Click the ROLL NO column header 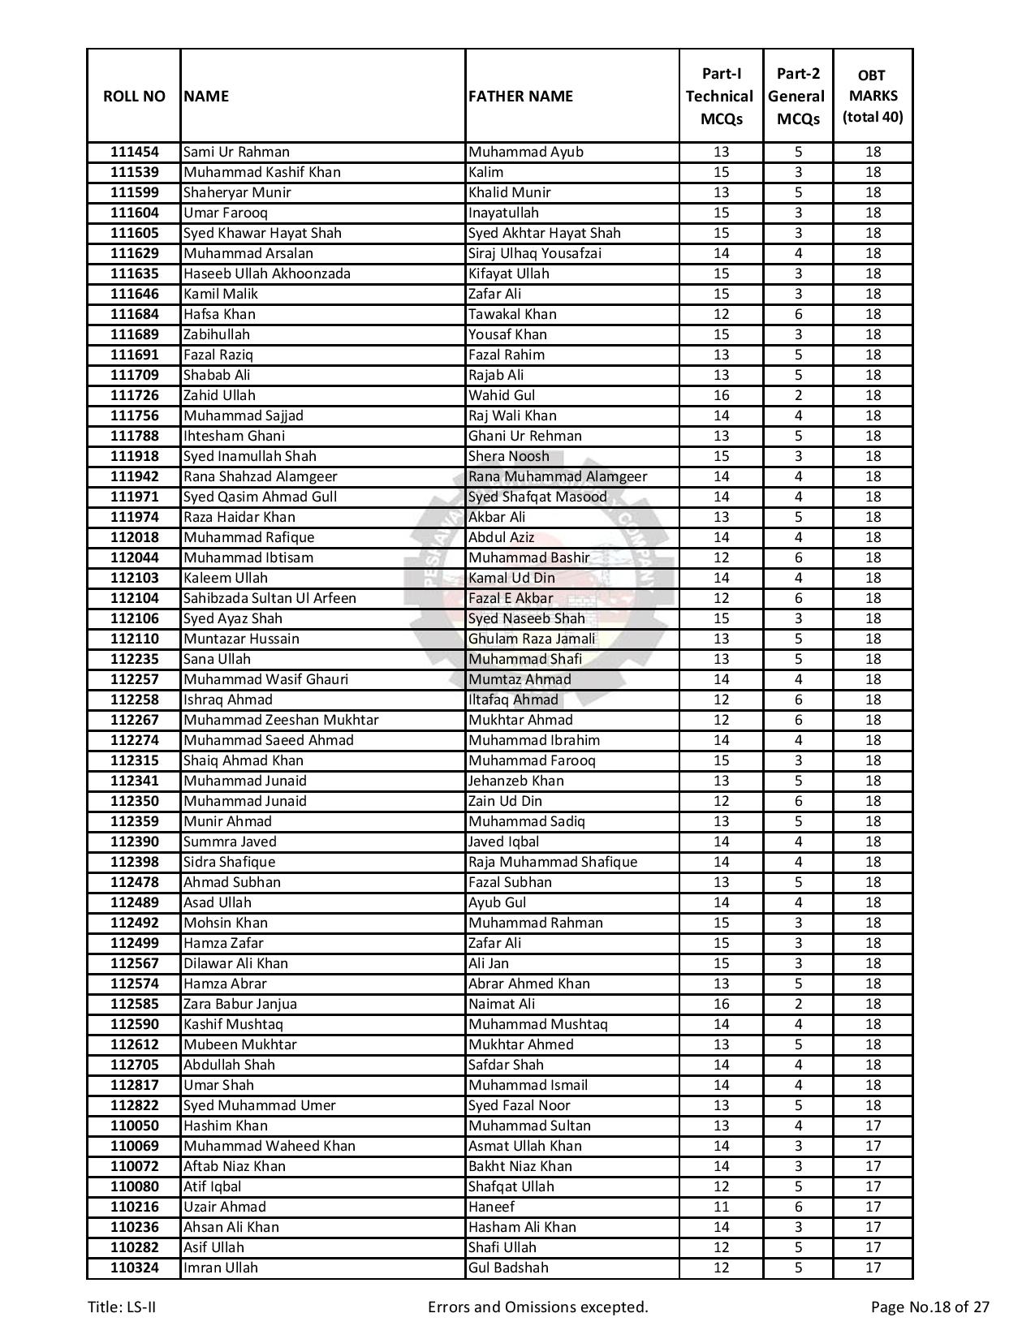tap(134, 96)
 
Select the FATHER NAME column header tap(520, 96)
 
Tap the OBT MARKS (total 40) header tap(873, 96)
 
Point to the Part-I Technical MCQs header tap(720, 96)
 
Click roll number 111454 tap(134, 152)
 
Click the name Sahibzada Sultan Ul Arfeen tap(270, 598)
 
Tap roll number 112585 tap(134, 1004)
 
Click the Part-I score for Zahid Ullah tap(721, 395)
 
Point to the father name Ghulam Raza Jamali tap(532, 639)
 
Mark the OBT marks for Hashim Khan tap(873, 1126)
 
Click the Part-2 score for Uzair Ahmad tap(798, 1207)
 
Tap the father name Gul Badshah tap(508, 1268)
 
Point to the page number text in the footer tap(929, 1307)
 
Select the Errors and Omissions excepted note tap(537, 1307)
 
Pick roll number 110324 tap(134, 1268)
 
